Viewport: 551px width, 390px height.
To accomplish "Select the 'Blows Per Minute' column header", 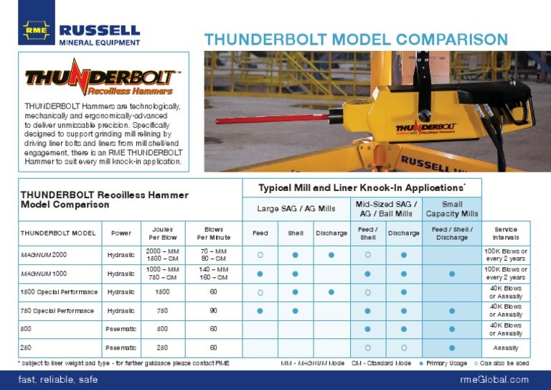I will click(x=214, y=233).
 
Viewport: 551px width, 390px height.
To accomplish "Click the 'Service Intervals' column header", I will click(x=505, y=233).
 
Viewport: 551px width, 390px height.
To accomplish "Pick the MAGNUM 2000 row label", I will click(x=44, y=254).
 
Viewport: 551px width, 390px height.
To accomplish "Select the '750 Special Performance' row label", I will click(x=57, y=311).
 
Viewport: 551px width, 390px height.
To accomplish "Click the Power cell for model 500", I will click(x=121, y=330).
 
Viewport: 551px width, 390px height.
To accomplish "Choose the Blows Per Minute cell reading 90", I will click(x=214, y=311).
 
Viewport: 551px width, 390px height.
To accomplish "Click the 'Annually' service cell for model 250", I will click(x=505, y=348).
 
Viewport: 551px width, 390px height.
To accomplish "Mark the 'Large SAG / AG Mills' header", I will click(x=296, y=209).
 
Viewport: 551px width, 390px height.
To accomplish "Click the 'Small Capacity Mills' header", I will click(x=452, y=209).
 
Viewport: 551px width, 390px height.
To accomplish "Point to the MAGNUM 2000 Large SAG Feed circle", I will click(x=260, y=255).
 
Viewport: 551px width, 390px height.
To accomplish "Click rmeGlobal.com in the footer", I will click(x=494, y=379).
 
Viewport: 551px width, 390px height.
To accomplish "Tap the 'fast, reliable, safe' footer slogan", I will click(x=57, y=379).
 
